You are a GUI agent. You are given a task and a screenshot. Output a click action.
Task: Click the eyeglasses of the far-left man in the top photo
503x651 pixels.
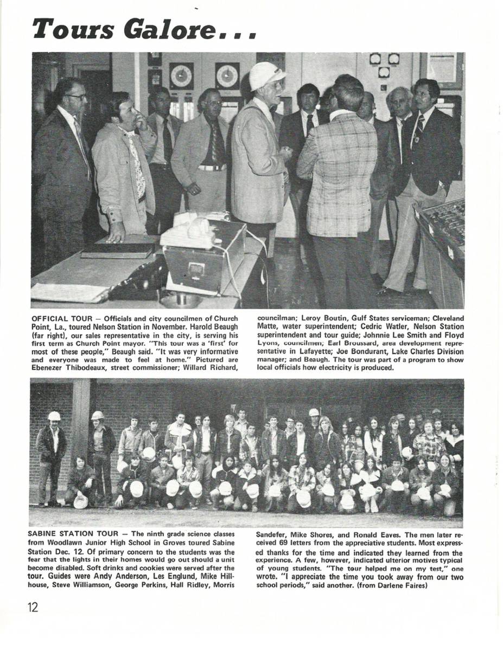(77, 97)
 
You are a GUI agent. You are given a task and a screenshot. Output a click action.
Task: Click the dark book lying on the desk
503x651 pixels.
(118, 251)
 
